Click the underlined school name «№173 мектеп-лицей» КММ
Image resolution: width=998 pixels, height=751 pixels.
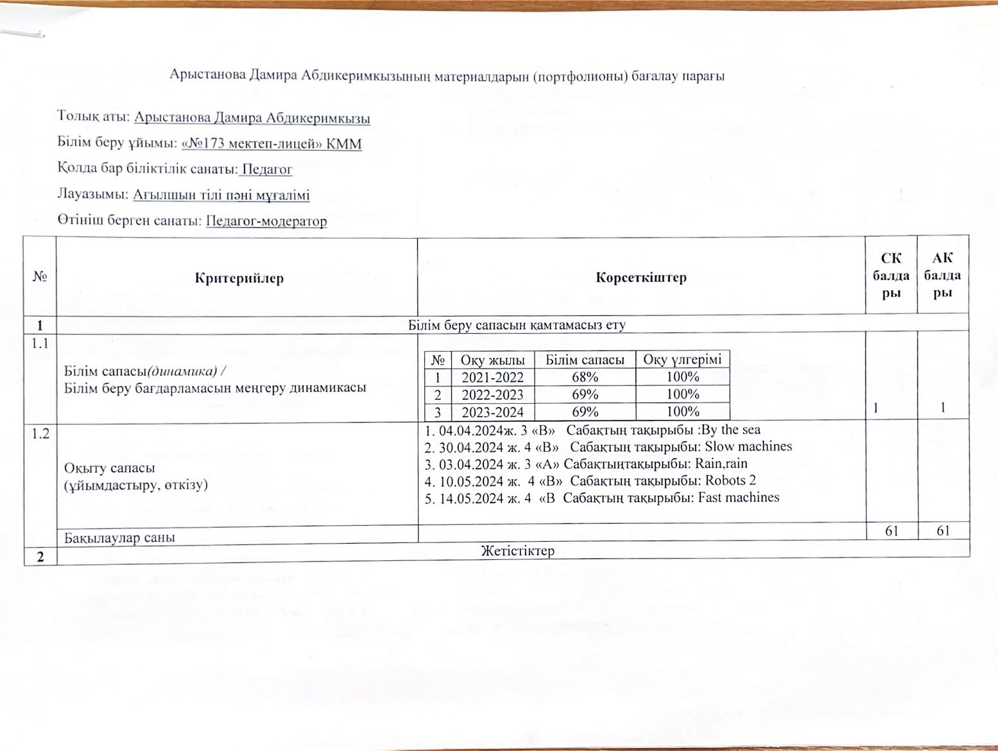coord(272,144)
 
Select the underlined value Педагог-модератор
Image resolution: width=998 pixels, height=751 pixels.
coord(266,221)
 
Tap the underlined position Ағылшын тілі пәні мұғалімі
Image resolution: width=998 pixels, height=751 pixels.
coord(221,195)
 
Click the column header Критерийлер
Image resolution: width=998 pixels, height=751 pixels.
coord(239,278)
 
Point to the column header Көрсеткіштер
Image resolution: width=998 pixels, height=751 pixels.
coord(641,278)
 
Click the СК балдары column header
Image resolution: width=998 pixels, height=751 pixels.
coord(891,275)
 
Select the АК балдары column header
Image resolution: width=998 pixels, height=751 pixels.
coord(942,275)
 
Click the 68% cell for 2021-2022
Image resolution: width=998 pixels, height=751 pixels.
coord(585,377)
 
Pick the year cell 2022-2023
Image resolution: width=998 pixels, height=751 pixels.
coord(493,395)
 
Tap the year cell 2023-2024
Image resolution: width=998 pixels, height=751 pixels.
coord(493,412)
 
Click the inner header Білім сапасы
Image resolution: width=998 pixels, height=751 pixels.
coord(585,360)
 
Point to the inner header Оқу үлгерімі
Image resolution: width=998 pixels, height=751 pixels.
coord(682,359)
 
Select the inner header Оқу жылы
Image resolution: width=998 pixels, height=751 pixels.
coord(493,360)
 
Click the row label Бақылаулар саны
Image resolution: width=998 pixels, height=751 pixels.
coord(120,537)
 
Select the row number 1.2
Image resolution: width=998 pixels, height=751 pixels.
coord(40,434)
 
